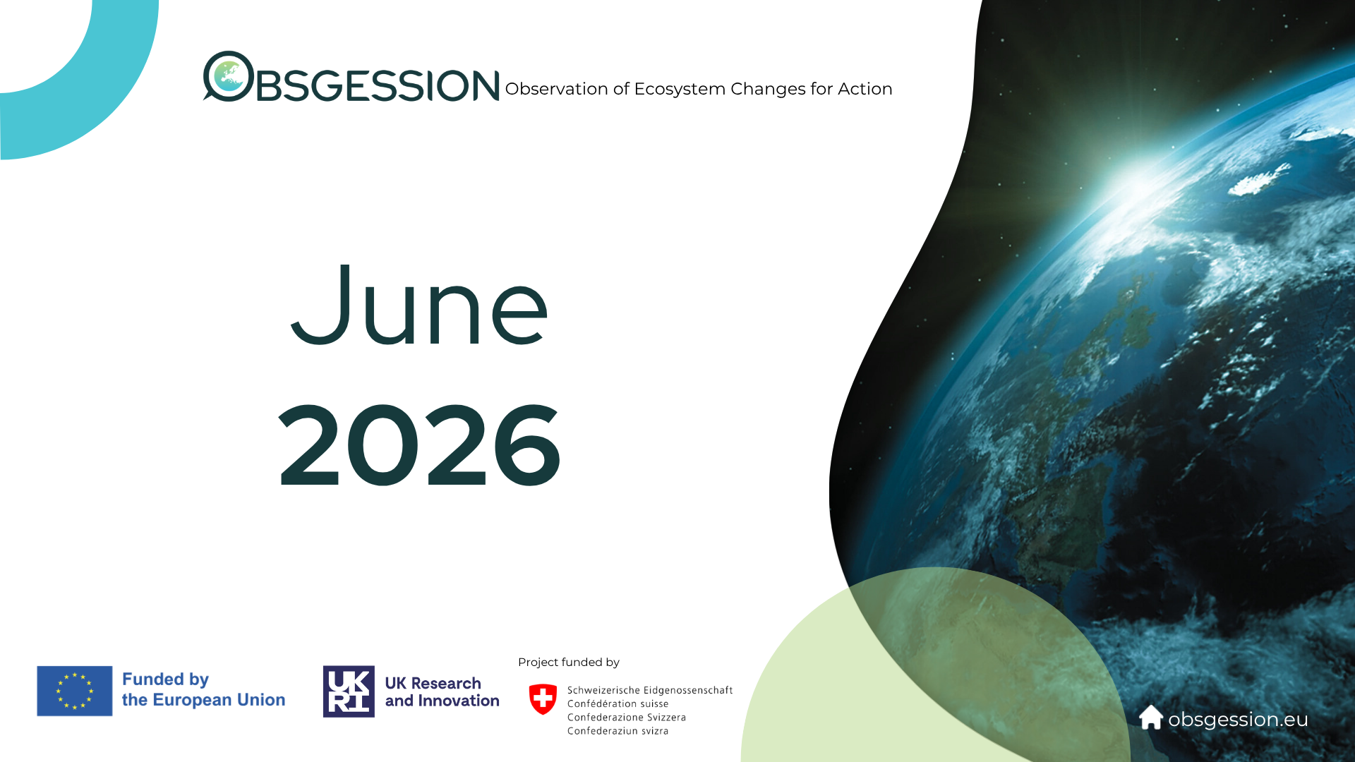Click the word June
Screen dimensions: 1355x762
[419, 305]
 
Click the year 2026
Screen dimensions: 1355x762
[420, 445]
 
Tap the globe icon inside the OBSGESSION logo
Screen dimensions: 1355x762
[229, 75]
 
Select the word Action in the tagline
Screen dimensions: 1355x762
[865, 89]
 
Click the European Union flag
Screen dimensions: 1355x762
[75, 691]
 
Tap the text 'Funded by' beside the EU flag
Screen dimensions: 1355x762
[165, 679]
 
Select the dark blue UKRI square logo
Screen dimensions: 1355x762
[349, 691]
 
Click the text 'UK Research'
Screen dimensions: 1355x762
[433, 683]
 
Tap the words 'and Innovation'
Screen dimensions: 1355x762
[442, 701]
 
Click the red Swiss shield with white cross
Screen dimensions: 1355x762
[543, 699]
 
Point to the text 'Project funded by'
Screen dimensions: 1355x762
[569, 662]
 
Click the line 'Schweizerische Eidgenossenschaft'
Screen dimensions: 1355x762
[650, 690]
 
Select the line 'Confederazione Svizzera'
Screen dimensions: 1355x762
[627, 717]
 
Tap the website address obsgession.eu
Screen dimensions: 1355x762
[1238, 720]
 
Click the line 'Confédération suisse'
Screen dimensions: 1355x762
[618, 703]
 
